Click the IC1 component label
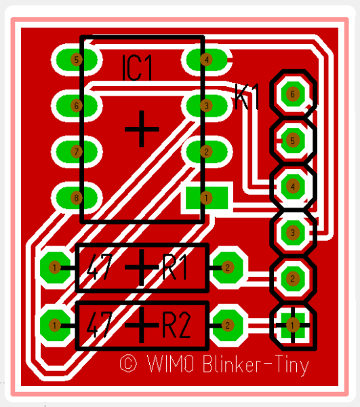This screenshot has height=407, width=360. [x=137, y=67]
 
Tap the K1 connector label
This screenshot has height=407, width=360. [x=247, y=96]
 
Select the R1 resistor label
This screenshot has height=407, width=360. [x=174, y=267]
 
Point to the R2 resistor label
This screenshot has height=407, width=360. [x=176, y=325]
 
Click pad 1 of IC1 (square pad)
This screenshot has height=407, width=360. [x=207, y=198]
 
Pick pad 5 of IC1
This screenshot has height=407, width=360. [x=77, y=60]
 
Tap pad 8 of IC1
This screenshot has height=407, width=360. [x=77, y=198]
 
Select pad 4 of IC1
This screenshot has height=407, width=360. [x=207, y=60]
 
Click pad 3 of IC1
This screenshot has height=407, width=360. [x=207, y=106]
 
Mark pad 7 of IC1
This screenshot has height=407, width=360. [x=77, y=152]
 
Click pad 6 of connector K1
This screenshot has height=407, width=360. [x=293, y=94]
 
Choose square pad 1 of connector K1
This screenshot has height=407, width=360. [x=293, y=325]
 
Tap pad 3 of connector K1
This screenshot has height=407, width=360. [x=293, y=233]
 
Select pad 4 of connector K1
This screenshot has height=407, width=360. [x=293, y=187]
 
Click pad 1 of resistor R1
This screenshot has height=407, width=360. [x=55, y=267]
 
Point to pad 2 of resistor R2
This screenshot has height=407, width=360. [x=228, y=325]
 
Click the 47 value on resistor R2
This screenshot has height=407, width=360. [x=100, y=325]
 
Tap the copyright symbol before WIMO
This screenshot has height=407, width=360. [x=128, y=364]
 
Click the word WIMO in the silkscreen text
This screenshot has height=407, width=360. [x=170, y=364]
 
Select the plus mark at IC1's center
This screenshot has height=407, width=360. [x=142, y=129]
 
